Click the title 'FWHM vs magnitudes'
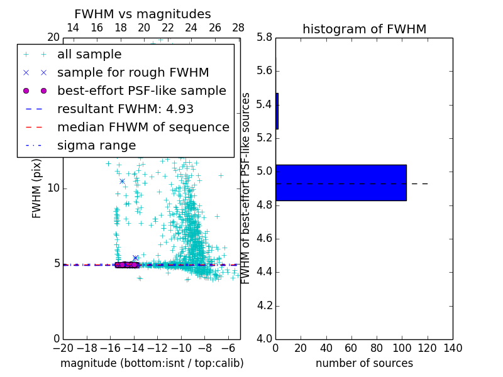(x=143, y=14)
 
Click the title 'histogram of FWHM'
(x=364, y=29)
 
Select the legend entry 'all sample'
(x=89, y=55)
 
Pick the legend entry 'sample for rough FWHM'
(x=133, y=72)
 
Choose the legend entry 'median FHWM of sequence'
(x=143, y=127)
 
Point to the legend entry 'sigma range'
(x=96, y=146)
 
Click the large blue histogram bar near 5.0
(x=341, y=183)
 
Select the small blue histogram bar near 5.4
(x=277, y=111)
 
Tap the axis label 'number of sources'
(x=364, y=363)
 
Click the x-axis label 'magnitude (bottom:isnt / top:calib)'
(x=152, y=363)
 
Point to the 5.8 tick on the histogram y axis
(x=264, y=37)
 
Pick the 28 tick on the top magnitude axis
(x=238, y=28)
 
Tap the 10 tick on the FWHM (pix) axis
(x=53, y=188)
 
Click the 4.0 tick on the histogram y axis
(x=264, y=339)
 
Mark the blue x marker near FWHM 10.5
(x=122, y=181)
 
